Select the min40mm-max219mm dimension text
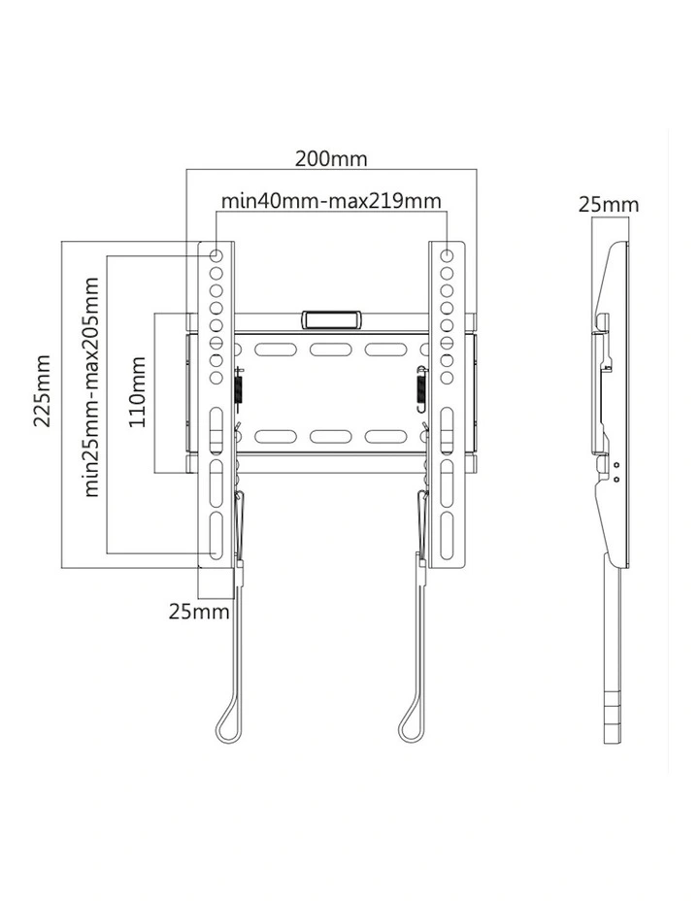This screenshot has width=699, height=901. click(331, 201)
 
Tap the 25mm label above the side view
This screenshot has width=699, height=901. click(609, 204)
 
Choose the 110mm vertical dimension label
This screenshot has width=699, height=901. click(138, 392)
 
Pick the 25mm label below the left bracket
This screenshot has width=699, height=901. click(199, 611)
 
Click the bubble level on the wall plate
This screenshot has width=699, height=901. click(331, 318)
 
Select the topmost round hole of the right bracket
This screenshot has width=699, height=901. click(447, 255)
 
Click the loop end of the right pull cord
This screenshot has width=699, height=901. click(407, 727)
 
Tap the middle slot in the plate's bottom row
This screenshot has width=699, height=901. click(331, 436)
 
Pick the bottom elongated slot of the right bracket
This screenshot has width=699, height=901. click(447, 535)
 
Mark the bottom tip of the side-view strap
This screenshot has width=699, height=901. click(616, 740)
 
